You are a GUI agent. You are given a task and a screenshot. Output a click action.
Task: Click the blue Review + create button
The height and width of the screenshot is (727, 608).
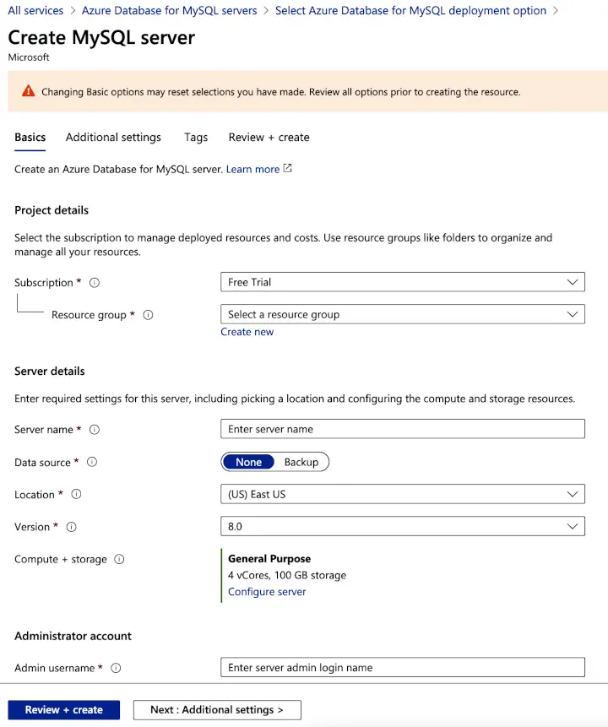[x=64, y=710]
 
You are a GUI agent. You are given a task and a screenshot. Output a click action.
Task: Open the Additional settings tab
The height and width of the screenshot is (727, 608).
[x=113, y=138]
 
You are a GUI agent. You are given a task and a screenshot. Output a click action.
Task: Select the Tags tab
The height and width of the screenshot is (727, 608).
[x=196, y=138]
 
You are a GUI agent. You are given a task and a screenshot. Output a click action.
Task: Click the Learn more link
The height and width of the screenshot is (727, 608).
[x=252, y=170]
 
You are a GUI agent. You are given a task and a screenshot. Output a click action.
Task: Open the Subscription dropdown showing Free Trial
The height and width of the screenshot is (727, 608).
[x=402, y=282]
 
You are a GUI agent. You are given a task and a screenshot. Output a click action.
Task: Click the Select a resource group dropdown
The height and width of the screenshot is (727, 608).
[x=402, y=314]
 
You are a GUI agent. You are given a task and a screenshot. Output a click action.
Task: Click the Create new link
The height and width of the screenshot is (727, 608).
[x=247, y=332]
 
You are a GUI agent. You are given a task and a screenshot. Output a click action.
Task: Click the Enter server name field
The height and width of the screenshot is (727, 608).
[x=402, y=429]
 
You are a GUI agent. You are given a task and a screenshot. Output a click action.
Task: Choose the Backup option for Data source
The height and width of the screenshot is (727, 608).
[x=301, y=462]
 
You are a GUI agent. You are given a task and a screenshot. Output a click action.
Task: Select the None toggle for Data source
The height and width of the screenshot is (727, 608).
[x=249, y=462]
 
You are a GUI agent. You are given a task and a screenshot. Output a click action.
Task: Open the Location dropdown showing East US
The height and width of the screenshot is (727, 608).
[x=402, y=494]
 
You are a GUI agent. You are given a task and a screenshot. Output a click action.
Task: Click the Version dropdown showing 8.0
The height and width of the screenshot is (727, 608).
[x=402, y=526]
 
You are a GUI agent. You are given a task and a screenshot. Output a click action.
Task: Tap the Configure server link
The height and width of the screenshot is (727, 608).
[x=267, y=592]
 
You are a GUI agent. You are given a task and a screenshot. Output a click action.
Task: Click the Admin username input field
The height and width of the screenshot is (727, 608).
[x=402, y=668]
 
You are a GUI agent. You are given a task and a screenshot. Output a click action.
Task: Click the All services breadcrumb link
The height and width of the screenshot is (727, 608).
[x=35, y=11]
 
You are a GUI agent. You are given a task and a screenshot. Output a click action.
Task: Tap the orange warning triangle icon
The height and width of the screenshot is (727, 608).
[x=29, y=91]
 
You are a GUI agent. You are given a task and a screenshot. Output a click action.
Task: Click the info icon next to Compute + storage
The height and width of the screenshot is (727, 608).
[x=119, y=559]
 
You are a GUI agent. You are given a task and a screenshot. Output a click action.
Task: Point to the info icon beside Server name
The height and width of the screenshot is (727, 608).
[x=95, y=430]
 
